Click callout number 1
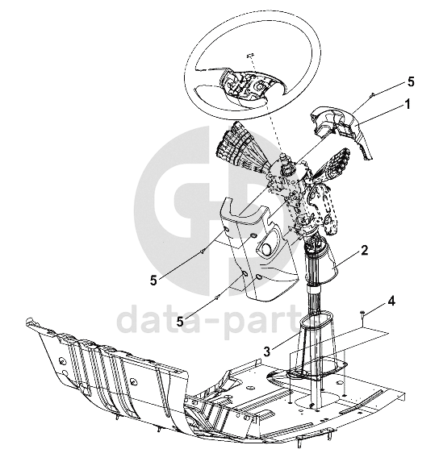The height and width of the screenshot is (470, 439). click(x=407, y=105)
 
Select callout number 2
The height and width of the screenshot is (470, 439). click(x=364, y=250)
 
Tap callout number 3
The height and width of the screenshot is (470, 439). click(x=267, y=351)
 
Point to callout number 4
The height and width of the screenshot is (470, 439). click(x=391, y=302)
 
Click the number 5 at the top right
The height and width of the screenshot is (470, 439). click(x=411, y=82)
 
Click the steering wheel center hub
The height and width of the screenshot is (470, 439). click(x=245, y=85)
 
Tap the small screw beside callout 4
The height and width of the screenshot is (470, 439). click(x=363, y=314)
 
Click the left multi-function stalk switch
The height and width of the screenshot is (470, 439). click(x=240, y=150)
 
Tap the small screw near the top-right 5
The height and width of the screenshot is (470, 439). click(x=372, y=94)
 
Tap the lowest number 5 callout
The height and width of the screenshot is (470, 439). click(x=180, y=322)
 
